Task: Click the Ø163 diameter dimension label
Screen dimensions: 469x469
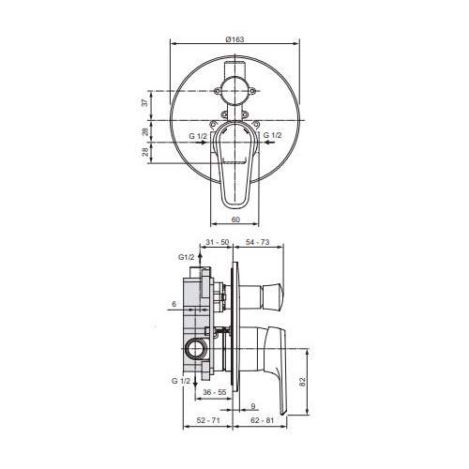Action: (234, 39)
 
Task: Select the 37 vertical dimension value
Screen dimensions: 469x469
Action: (145, 103)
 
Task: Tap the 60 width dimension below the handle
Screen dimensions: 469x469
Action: (235, 219)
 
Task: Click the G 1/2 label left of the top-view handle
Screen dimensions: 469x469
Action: (198, 136)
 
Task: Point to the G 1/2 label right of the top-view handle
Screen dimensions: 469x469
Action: (272, 135)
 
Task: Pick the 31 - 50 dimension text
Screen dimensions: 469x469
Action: (218, 242)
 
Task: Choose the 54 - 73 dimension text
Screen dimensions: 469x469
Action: (257, 242)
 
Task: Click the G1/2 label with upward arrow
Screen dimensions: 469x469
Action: (187, 257)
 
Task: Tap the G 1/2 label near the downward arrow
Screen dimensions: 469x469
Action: (181, 381)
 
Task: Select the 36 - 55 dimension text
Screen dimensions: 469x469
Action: (215, 392)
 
